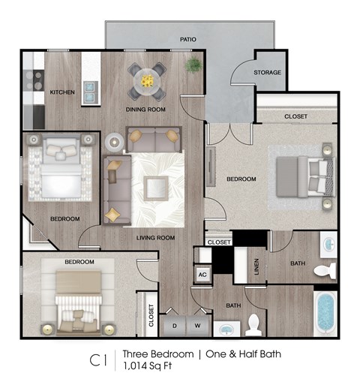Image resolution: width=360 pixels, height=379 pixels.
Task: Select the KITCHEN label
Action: [x=62, y=92]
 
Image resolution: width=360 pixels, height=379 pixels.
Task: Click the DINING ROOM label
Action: [x=146, y=110]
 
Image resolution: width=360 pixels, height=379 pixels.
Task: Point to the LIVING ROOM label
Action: [x=155, y=238]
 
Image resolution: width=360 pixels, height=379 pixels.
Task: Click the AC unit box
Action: [x=202, y=275]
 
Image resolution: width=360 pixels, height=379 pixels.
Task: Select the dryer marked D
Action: [x=175, y=326]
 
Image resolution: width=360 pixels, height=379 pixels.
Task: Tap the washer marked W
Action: [x=198, y=326]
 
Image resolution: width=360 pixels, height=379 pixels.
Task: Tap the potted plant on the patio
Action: [x=194, y=65]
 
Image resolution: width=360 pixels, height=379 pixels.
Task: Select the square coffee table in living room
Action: [x=157, y=185]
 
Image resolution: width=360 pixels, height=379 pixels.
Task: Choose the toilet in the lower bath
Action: [x=253, y=324]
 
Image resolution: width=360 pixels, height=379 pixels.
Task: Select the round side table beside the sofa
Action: [x=114, y=140]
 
